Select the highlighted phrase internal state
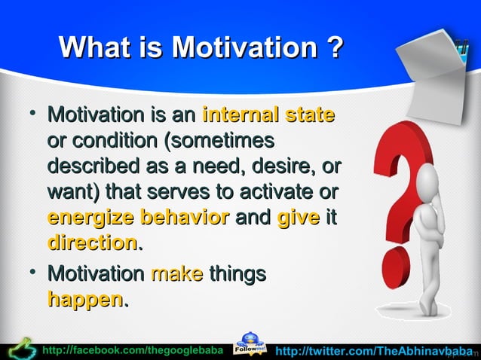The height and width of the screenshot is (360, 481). (x=268, y=116)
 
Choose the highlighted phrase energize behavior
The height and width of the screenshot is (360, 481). (x=138, y=218)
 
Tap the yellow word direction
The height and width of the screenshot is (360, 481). (x=91, y=243)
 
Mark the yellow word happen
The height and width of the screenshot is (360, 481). (x=84, y=300)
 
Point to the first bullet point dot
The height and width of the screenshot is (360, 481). (x=31, y=114)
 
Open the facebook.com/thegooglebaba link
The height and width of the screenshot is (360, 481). (x=133, y=351)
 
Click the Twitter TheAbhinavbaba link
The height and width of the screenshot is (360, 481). (x=373, y=351)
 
